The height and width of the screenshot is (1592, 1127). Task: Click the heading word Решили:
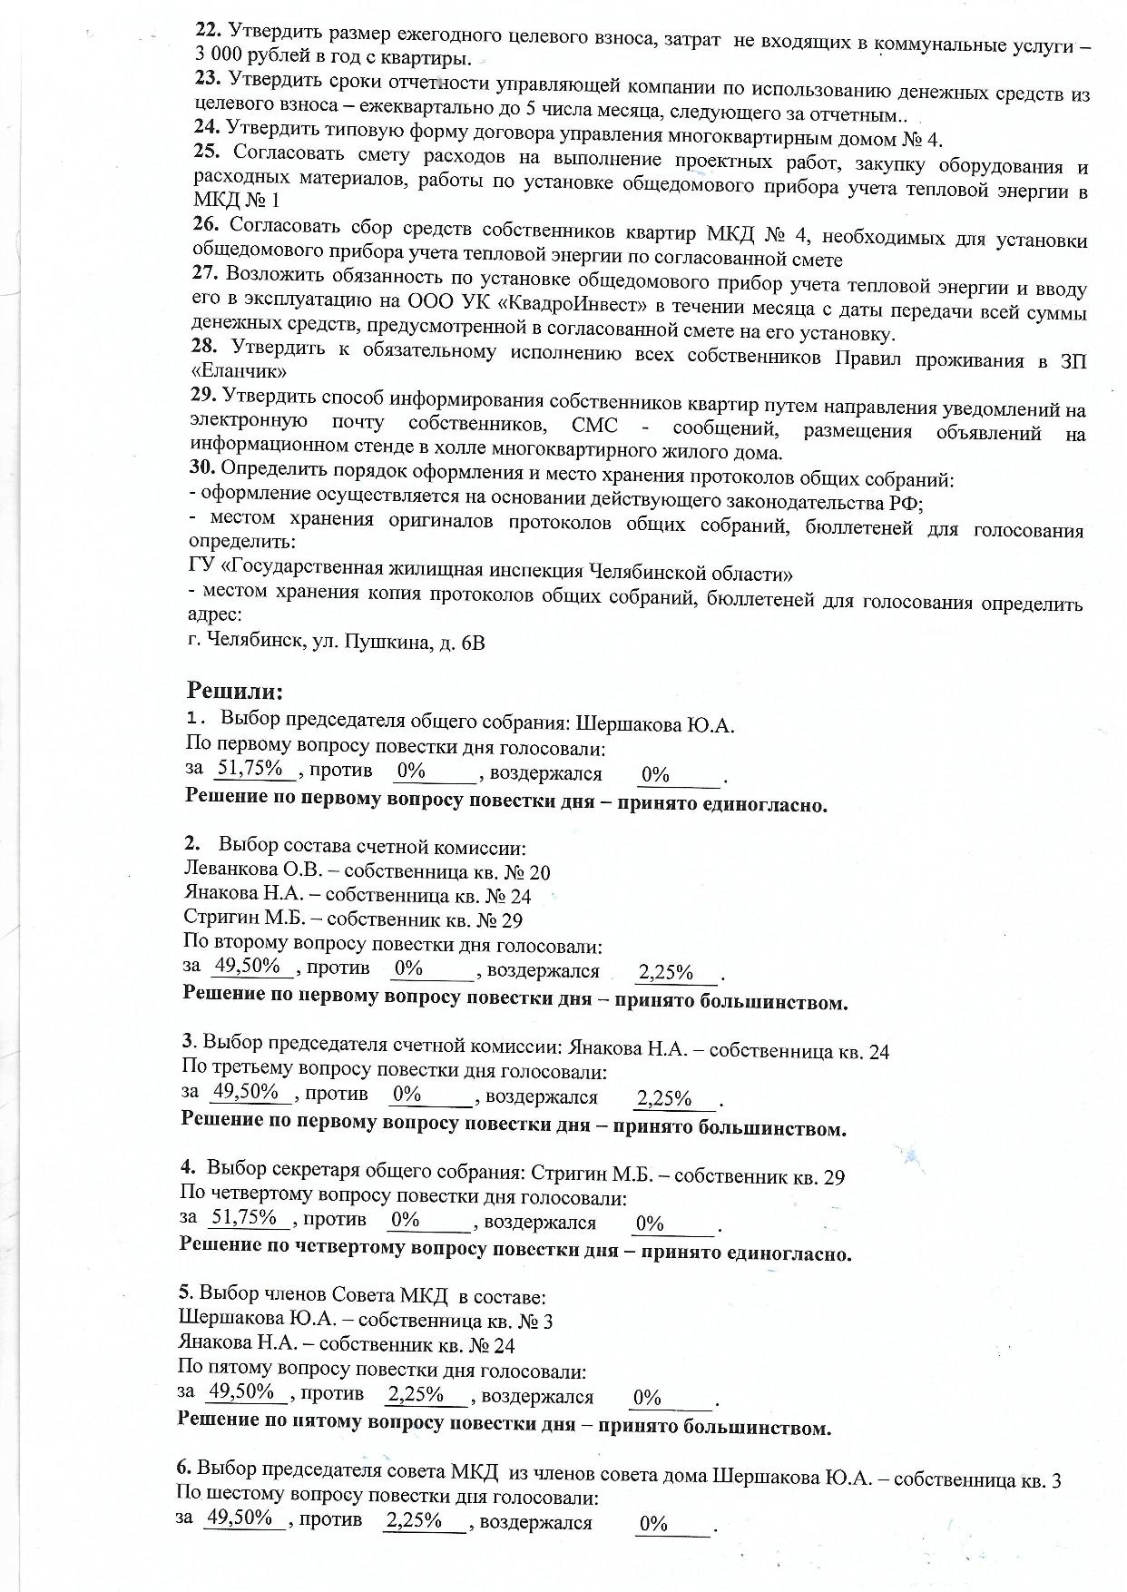pos(235,692)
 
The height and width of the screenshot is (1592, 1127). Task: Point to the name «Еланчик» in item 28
pos(240,372)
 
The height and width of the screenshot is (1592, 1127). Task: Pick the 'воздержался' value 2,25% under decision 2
pos(666,973)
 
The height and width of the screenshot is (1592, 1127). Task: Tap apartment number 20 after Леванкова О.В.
pos(539,871)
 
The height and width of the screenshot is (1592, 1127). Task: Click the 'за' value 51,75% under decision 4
pos(243,1217)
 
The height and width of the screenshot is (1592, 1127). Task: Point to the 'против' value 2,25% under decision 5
pos(416,1393)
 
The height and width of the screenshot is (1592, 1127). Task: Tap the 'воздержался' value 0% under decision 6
pos(652,1524)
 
